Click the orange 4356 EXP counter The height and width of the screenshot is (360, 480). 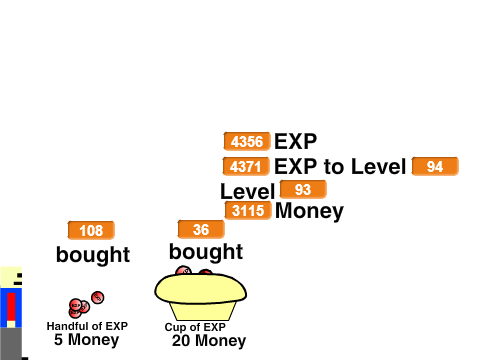pyautogui.click(x=247, y=141)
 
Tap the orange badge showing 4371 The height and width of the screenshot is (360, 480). pyautogui.click(x=246, y=166)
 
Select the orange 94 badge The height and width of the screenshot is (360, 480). pyautogui.click(x=435, y=166)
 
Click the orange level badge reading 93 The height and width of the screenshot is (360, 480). pyautogui.click(x=303, y=189)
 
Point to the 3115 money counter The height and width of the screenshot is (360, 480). pyautogui.click(x=248, y=210)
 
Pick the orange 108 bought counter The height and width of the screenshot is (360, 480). pyautogui.click(x=91, y=230)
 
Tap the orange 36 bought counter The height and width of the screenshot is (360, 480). pyautogui.click(x=201, y=229)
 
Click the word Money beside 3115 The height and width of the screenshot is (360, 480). pyautogui.click(x=309, y=211)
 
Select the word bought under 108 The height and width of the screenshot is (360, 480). pyautogui.click(x=93, y=255)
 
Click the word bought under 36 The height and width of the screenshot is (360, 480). pyautogui.click(x=206, y=252)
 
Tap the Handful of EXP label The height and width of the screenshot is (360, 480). pyautogui.click(x=87, y=326)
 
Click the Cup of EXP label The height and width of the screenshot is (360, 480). pyautogui.click(x=195, y=327)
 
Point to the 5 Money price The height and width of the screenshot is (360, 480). pyautogui.click(x=87, y=340)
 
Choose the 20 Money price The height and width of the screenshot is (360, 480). pyautogui.click(x=209, y=341)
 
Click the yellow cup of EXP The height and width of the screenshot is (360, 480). pyautogui.click(x=200, y=295)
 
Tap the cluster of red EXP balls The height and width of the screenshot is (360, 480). pyautogui.click(x=86, y=304)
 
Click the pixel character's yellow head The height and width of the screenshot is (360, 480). pyautogui.click(x=11, y=277)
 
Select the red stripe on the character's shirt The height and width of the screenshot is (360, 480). pyautogui.click(x=11, y=307)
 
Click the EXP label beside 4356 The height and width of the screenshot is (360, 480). pyautogui.click(x=295, y=141)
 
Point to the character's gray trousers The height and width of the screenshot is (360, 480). pyautogui.click(x=11, y=343)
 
